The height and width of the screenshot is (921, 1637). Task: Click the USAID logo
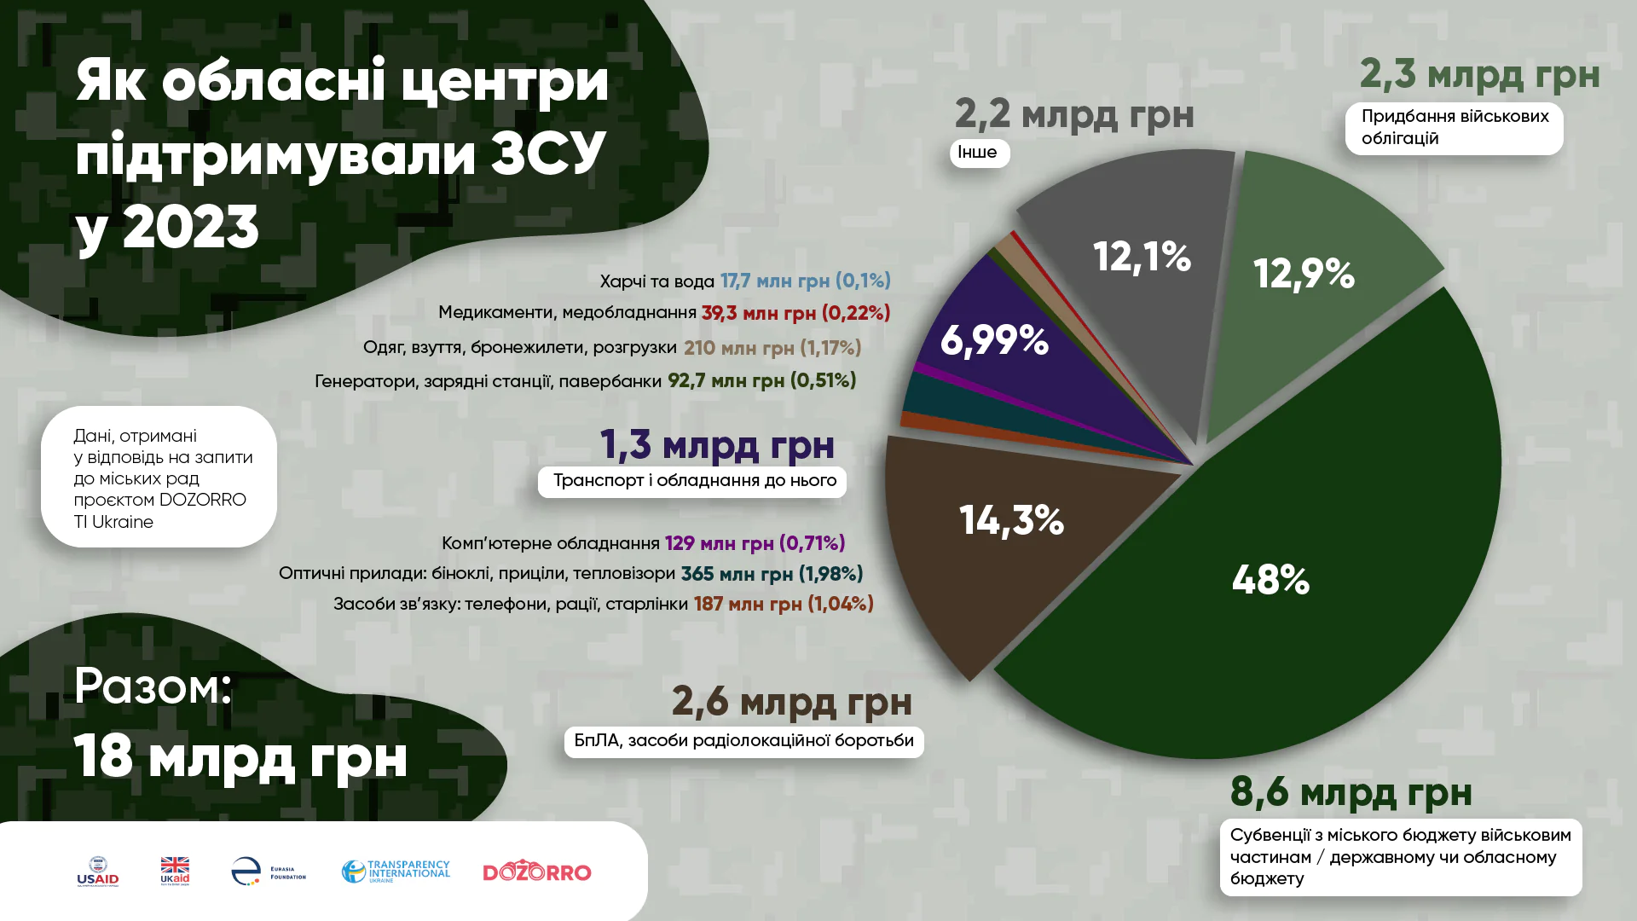point(98,872)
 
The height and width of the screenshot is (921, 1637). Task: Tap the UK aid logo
point(175,872)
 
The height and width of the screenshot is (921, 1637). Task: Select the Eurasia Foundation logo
point(268,872)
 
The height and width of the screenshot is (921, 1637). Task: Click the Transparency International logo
point(396,872)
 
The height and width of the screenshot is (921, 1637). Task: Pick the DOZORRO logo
point(537,872)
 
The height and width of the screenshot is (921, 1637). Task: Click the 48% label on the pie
point(1270,580)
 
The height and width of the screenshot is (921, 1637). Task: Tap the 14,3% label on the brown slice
point(1011,519)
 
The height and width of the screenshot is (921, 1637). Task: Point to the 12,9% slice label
point(1304,274)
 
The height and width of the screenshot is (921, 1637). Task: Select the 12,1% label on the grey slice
point(1142,256)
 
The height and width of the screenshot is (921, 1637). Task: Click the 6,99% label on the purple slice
point(994,340)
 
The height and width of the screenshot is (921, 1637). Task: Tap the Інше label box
point(979,153)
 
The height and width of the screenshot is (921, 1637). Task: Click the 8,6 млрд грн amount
point(1351,792)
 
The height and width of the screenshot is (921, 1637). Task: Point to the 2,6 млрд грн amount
point(791,702)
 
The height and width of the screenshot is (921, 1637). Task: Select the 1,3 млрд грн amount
point(717,444)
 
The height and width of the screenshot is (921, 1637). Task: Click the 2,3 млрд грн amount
point(1479,74)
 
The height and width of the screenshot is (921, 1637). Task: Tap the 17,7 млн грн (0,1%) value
point(805,281)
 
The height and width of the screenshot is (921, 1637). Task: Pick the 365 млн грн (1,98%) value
point(772,574)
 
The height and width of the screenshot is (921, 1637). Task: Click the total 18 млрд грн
point(240,756)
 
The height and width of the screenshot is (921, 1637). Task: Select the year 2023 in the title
point(190,227)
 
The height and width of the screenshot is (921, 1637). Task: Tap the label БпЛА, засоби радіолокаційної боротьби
point(743,741)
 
